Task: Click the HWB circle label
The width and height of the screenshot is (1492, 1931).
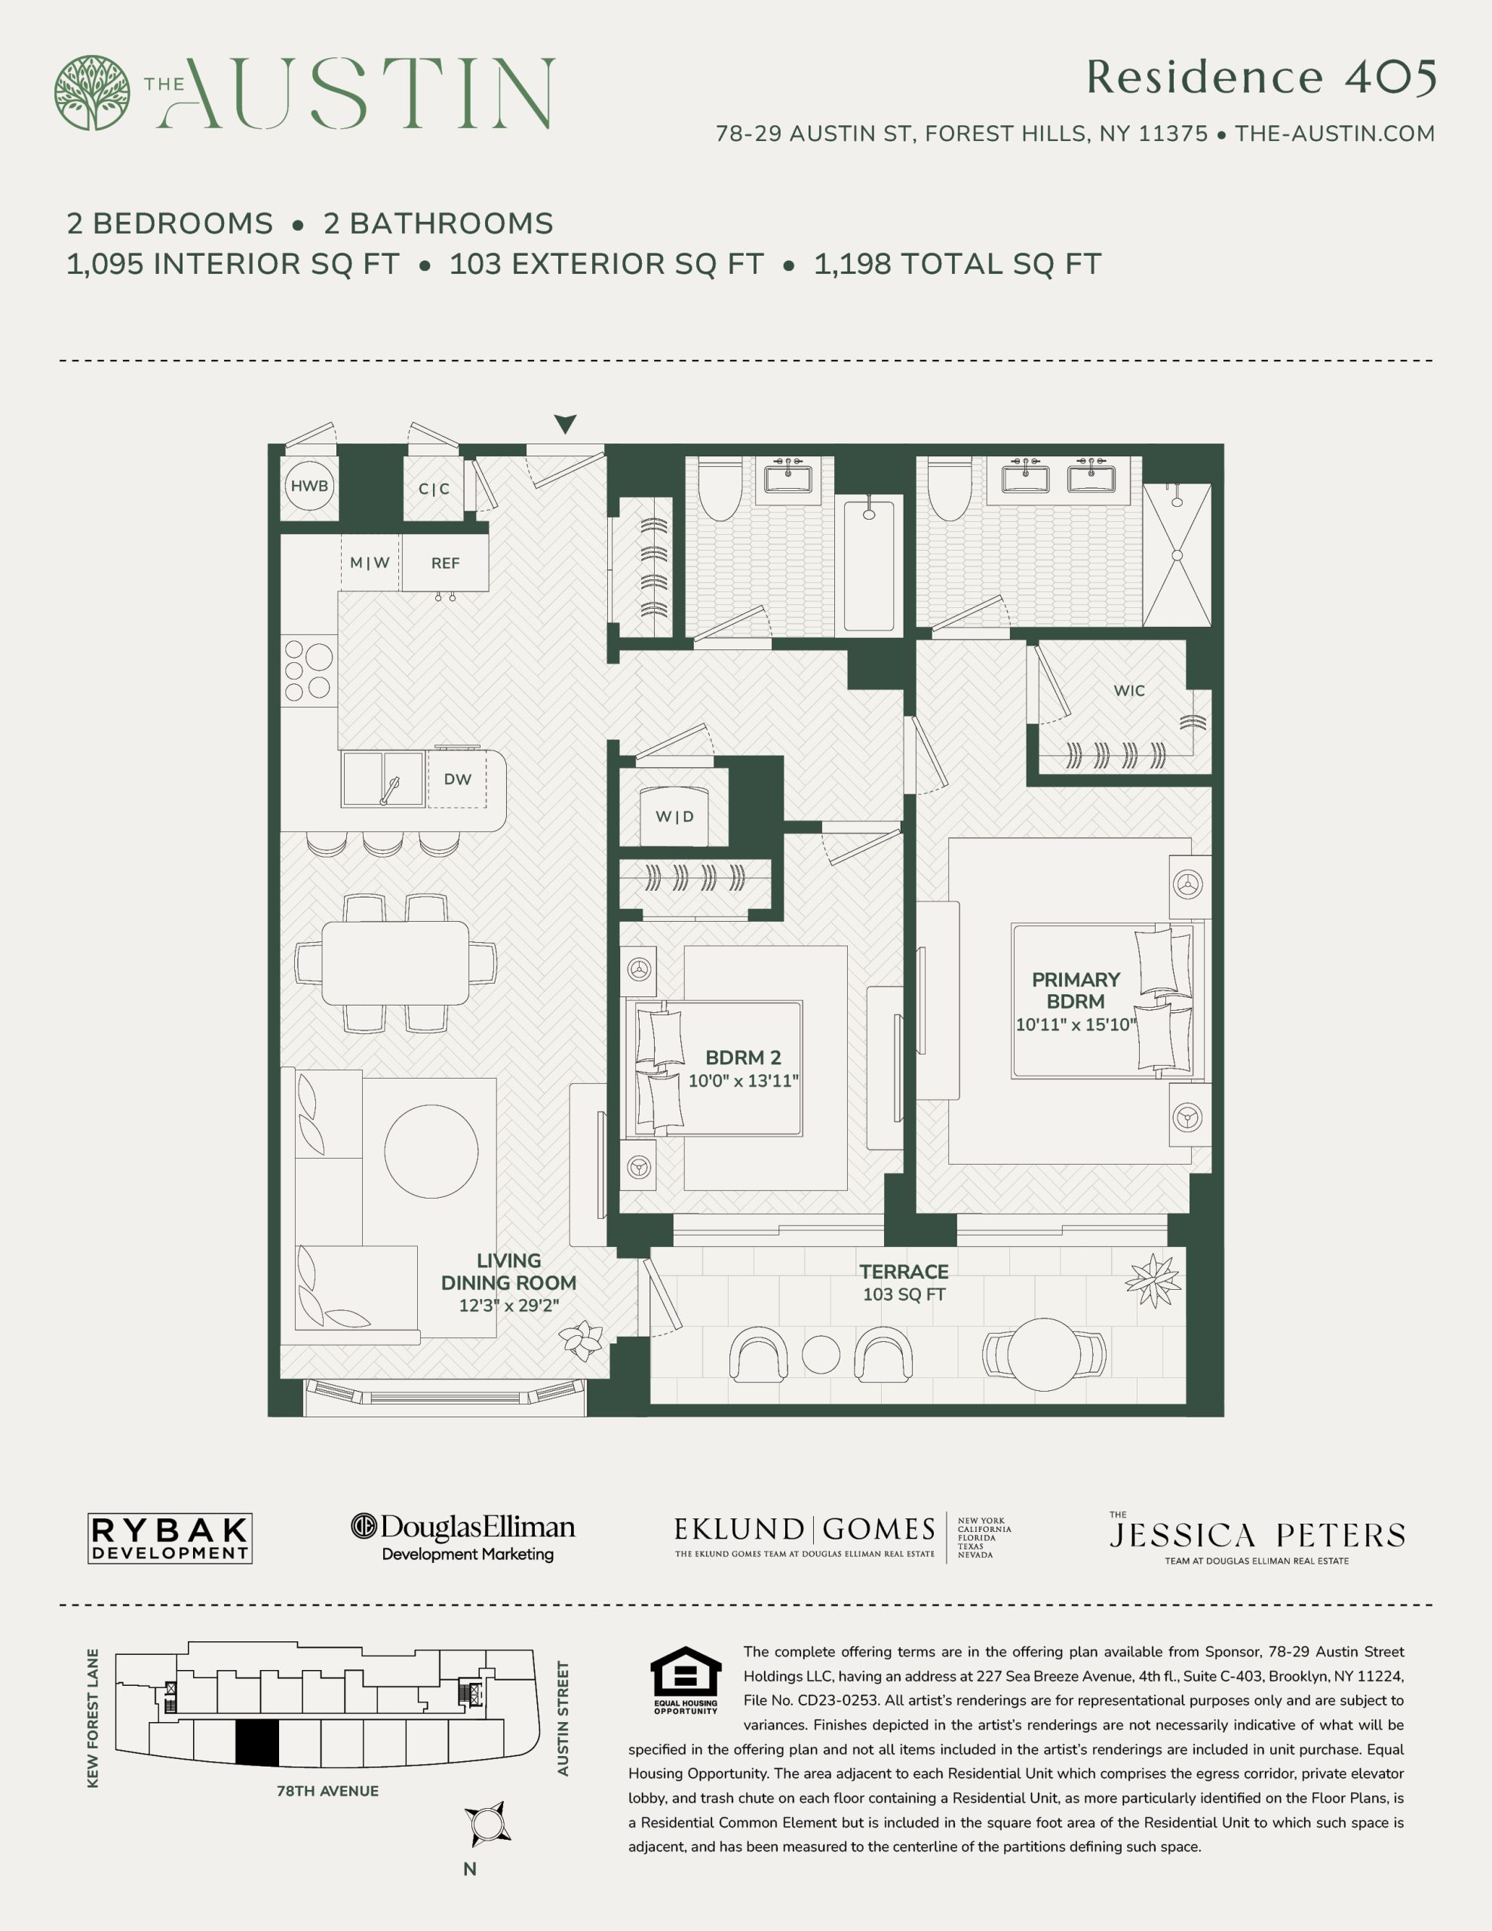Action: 309,486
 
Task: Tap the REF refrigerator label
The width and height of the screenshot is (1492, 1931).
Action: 445,563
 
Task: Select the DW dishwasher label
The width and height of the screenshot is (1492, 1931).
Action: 457,779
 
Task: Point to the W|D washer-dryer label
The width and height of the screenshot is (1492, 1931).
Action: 674,816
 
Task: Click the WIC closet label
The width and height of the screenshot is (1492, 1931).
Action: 1128,690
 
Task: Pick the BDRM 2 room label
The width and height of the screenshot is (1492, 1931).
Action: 743,1058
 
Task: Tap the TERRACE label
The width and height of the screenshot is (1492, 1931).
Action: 904,1272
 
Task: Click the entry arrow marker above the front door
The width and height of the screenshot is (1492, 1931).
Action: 565,423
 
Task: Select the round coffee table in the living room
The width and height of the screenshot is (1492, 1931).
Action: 431,1150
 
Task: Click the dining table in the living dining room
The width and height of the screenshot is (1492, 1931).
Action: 395,962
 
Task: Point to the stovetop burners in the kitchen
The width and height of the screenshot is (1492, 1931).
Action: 308,670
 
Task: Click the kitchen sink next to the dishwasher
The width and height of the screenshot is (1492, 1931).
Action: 383,778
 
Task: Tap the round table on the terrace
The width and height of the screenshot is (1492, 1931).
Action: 1044,1354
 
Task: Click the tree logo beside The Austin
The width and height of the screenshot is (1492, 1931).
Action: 92,93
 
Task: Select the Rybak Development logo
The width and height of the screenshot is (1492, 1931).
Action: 170,1539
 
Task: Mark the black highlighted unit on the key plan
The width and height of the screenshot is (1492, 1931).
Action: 257,1742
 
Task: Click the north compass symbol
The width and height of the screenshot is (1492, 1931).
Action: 487,1824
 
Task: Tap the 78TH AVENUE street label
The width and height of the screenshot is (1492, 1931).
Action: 327,1791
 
